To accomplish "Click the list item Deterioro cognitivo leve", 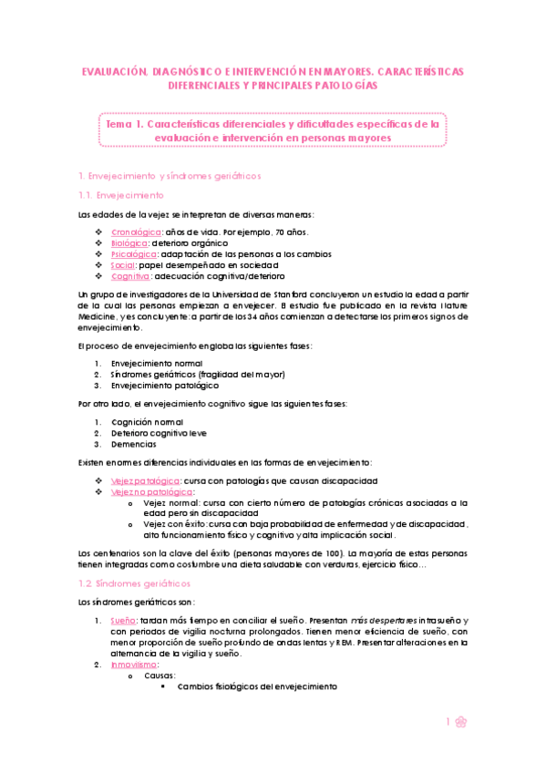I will (x=159, y=433).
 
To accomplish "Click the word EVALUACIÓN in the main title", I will (x=114, y=70).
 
